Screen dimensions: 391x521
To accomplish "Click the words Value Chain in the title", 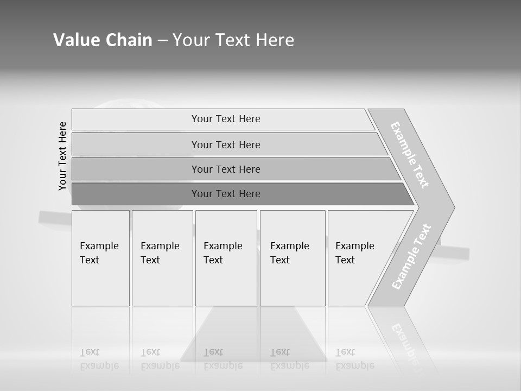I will (103, 40).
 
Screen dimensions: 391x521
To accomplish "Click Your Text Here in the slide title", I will (233, 40).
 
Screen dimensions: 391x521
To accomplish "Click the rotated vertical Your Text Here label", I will (62, 156).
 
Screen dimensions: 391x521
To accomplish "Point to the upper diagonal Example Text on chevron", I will (410, 155).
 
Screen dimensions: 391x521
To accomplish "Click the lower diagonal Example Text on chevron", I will (411, 256).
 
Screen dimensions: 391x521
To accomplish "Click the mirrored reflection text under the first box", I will (99, 359).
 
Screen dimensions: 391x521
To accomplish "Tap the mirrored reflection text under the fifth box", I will (355, 359).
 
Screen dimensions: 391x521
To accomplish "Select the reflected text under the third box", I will (223, 359).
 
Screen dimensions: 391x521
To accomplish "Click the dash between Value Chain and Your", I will (162, 40).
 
